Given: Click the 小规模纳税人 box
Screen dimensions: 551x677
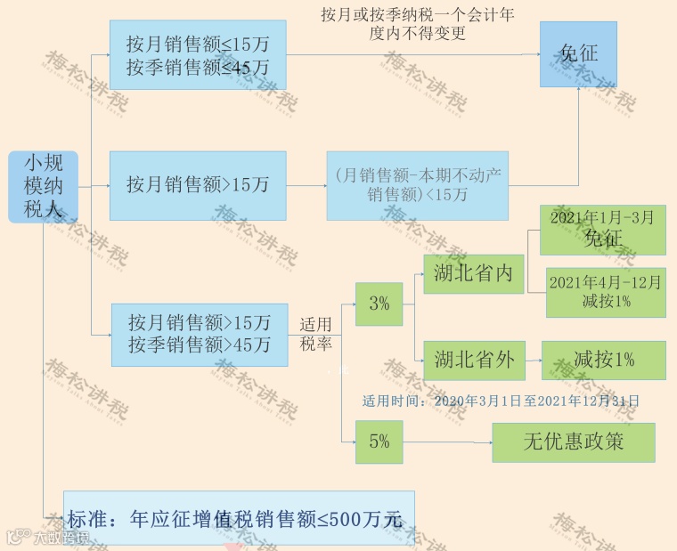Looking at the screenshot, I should pos(44,187).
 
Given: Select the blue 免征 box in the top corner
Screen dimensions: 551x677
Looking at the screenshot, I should pos(578,54).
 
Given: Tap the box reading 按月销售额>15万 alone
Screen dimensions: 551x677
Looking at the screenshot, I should pos(198,186).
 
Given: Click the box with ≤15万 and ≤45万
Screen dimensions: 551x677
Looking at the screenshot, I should pos(198,55).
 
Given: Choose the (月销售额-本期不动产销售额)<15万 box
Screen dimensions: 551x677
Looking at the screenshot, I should pos(417,186).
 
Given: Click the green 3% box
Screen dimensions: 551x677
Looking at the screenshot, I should pos(379,304).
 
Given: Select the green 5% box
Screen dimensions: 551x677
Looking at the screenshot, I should pos(379,442).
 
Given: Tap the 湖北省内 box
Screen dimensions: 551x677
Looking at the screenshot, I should pos(474,272).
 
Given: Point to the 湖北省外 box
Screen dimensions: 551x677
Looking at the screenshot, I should pos(474,360).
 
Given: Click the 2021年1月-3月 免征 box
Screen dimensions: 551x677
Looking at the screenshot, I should pos(603,229).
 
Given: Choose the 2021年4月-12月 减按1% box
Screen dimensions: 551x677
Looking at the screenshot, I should pos(604,292).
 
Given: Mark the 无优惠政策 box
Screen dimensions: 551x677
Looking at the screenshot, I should pos(573,442).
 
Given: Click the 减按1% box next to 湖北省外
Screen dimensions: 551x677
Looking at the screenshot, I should pos(603,360).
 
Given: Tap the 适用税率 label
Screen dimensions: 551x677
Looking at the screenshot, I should pos(315,333).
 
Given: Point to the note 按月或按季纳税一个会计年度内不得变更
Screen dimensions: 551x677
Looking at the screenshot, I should pos(417,25).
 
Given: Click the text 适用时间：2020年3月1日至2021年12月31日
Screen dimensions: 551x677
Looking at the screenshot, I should pos(501,401).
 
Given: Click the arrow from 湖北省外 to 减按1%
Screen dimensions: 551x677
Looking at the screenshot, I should pos(533,360).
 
